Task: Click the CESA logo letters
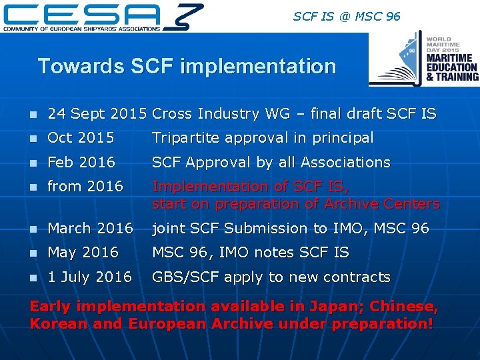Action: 83,13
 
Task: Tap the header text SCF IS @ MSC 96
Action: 347,15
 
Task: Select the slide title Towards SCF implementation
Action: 187,66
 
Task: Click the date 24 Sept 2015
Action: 97,114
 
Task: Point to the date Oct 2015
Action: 81,138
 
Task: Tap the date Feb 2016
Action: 81,162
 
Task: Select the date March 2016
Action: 91,228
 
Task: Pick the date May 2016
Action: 83,252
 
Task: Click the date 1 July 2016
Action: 90,277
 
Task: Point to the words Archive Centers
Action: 383,204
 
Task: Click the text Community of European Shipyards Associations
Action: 82,29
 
